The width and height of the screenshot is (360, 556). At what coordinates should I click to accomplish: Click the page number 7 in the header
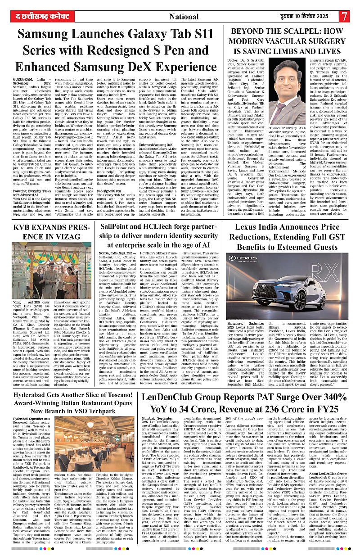(x=344, y=16)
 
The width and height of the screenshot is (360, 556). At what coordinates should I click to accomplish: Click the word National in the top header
(x=184, y=17)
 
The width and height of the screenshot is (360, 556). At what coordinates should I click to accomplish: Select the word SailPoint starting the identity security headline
(x=120, y=226)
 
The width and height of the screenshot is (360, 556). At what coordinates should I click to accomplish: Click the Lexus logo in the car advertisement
(x=238, y=258)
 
